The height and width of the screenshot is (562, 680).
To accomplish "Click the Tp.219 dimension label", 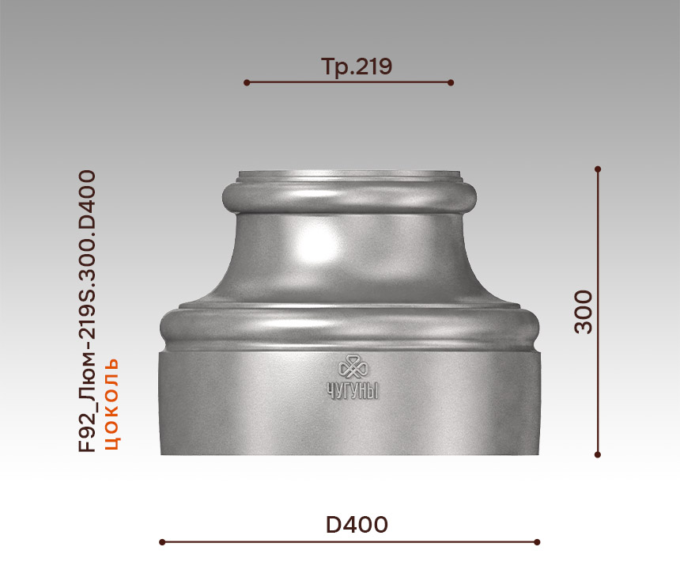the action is pos(357,66).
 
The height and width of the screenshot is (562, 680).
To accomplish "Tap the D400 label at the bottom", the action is pos(357,525).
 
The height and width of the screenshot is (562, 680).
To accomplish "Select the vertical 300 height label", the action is pos(584,312).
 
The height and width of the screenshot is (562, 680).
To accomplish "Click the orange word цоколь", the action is pos(112,404).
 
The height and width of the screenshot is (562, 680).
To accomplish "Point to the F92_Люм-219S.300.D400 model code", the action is pos(87,311).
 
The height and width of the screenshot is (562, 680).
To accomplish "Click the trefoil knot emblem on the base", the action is pos(353,367).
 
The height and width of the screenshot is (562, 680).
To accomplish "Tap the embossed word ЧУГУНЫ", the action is pos(353,390).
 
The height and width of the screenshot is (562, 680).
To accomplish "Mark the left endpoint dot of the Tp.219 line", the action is pos(247,82).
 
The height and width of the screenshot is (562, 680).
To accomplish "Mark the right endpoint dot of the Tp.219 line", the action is pos(451,82).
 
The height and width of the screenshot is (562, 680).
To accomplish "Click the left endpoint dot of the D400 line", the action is pos(162,542).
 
